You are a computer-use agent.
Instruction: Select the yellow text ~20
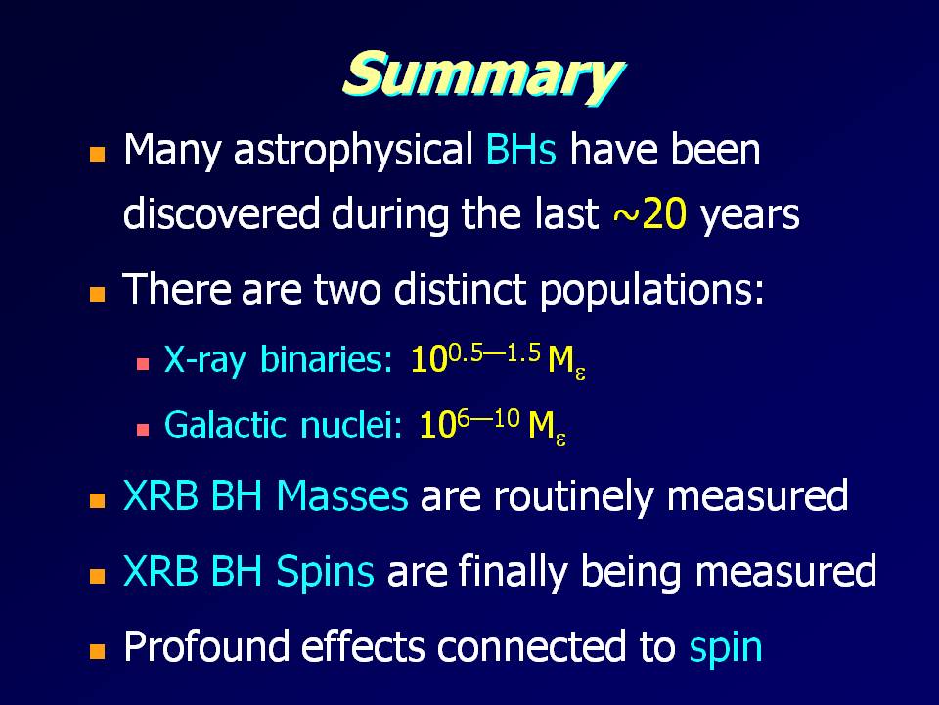tap(649, 214)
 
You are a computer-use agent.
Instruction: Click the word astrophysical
tap(353, 151)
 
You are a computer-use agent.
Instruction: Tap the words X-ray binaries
tap(279, 361)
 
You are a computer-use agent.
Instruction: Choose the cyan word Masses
tap(342, 495)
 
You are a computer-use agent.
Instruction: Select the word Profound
tap(204, 645)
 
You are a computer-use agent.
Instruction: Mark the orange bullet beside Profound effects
tap(97, 651)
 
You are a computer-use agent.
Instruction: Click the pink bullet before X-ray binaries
tap(143, 364)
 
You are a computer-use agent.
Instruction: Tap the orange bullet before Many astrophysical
tap(97, 155)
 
